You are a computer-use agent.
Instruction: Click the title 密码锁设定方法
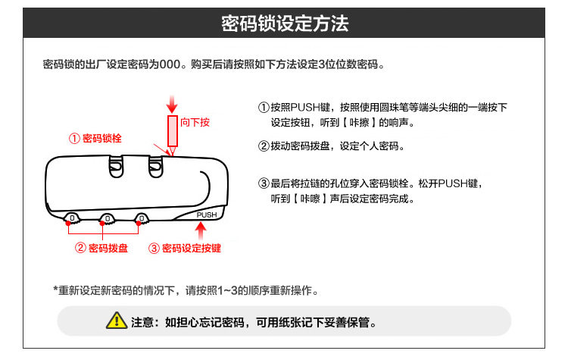point(284,23)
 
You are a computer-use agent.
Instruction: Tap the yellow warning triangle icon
point(116,321)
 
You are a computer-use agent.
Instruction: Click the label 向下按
point(195,121)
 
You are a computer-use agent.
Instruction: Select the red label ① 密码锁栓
point(95,139)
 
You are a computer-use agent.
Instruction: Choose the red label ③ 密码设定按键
point(185,248)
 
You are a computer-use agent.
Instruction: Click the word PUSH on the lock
point(207,214)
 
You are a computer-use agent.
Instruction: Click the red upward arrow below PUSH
point(202,230)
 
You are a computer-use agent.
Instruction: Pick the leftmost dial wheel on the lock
point(73,219)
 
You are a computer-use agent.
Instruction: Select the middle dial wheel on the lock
point(108,219)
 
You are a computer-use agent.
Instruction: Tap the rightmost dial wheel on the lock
point(140,219)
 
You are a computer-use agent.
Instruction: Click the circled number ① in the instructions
point(264,108)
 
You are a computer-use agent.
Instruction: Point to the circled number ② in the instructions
point(264,146)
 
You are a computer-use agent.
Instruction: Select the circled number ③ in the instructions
point(264,183)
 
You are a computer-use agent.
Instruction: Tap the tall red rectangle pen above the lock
point(172,130)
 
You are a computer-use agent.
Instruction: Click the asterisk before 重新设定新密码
point(55,290)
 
